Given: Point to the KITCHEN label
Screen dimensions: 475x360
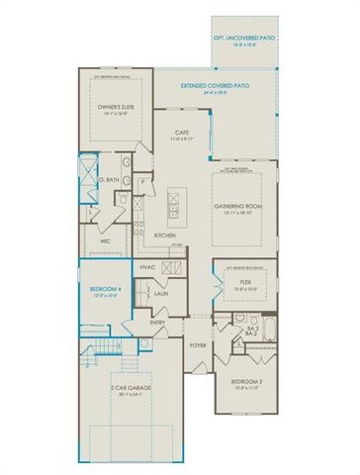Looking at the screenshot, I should coord(165,235).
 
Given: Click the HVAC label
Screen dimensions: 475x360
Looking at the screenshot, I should coord(148,267).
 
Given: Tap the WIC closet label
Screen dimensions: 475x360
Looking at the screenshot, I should coord(105,240).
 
